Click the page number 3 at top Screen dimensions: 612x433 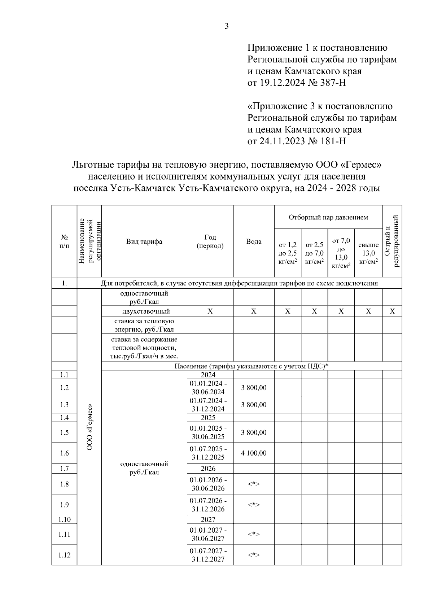[227, 26]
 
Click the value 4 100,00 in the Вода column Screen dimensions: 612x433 [254, 453]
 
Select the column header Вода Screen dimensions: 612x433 [254, 241]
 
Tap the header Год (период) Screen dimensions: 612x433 [210, 241]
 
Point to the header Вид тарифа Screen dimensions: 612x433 [144, 241]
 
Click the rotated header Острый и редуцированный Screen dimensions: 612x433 [392, 241]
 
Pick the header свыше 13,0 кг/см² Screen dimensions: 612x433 [368, 253]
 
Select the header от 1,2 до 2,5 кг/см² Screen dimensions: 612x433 [288, 253]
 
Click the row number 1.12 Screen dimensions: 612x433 [64, 555]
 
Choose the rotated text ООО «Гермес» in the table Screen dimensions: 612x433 [89, 427]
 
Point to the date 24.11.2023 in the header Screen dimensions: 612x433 [282, 141]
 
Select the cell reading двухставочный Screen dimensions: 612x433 [144, 311]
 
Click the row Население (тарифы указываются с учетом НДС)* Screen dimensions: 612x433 [252, 366]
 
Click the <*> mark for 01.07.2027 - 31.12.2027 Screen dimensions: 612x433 [254, 555]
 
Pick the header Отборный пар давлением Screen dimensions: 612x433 [328, 217]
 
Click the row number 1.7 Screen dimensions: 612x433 [64, 469]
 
